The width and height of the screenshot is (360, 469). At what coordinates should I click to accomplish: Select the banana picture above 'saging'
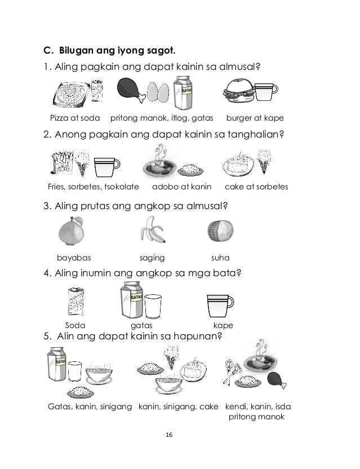152,232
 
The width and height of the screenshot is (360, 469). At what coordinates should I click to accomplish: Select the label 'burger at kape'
255,118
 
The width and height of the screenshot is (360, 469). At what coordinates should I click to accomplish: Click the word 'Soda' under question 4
75,325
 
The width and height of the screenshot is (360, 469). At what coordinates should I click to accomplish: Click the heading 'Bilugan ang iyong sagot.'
98,53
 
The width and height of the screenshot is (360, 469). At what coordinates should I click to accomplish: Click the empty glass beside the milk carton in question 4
153,307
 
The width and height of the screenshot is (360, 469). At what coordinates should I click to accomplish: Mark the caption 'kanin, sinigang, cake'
179,406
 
